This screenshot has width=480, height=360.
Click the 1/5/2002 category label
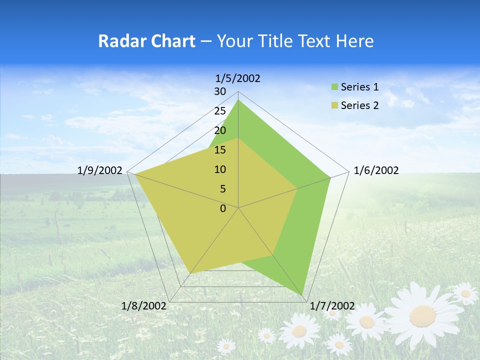pyautogui.click(x=238, y=78)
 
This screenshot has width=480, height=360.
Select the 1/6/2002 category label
pyautogui.click(x=376, y=170)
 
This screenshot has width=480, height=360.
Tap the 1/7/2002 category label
pyautogui.click(x=332, y=306)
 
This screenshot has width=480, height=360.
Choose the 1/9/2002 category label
pyautogui.click(x=100, y=170)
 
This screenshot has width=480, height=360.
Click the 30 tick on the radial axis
pyautogui.click(x=220, y=91)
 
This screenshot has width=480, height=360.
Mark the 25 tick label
pyautogui.click(x=220, y=111)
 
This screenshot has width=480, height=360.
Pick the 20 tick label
pyautogui.click(x=220, y=130)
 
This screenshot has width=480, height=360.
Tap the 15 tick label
pyautogui.click(x=220, y=150)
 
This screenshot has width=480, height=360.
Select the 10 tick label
pyautogui.click(x=220, y=169)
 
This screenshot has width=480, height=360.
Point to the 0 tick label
pyautogui.click(x=223, y=208)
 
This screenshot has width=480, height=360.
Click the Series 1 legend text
pyautogui.click(x=359, y=87)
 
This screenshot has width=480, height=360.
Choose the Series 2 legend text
pyautogui.click(x=359, y=105)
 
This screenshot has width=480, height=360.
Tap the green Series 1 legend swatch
pyautogui.click(x=335, y=87)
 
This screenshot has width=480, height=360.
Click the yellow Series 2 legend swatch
pyautogui.click(x=335, y=105)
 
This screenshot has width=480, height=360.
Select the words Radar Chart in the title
pyautogui.click(x=146, y=41)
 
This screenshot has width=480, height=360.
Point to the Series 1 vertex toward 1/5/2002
pyautogui.click(x=238, y=100)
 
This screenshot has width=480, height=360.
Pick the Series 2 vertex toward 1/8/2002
pyautogui.click(x=190, y=273)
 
